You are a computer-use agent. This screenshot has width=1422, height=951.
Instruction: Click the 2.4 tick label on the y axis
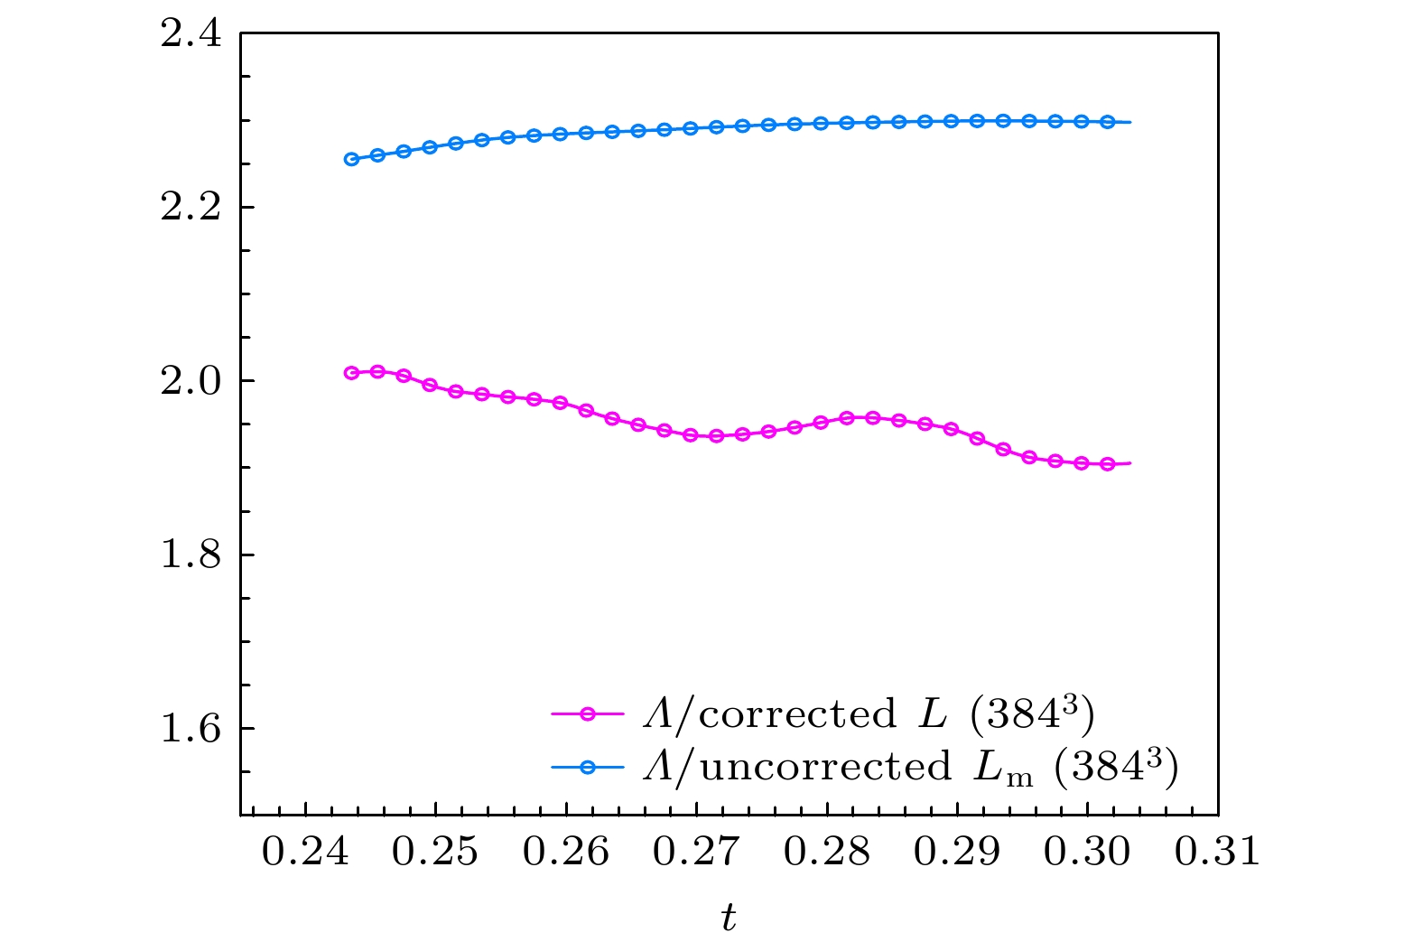click(x=189, y=34)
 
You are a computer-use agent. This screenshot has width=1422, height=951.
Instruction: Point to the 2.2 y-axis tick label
click(x=189, y=208)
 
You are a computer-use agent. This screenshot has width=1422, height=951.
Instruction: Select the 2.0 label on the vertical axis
click(x=189, y=381)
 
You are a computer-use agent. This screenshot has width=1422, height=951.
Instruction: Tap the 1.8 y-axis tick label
click(x=189, y=555)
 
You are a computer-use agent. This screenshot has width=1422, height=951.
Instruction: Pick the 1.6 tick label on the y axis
click(x=189, y=728)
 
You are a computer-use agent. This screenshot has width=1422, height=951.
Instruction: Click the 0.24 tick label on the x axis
click(x=305, y=852)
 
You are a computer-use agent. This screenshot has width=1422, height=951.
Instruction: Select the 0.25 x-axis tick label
click(x=435, y=852)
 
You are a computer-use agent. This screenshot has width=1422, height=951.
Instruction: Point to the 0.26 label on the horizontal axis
click(x=566, y=852)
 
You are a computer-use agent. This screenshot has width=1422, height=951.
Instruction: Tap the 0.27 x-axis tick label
click(x=696, y=852)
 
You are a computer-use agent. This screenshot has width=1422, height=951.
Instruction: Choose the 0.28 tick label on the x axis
click(x=827, y=852)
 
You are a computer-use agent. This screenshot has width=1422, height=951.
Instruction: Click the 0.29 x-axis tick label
click(x=957, y=852)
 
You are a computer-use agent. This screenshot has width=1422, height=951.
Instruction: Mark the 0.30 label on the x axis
click(x=1087, y=852)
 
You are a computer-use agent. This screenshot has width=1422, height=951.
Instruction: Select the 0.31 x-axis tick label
click(x=1218, y=852)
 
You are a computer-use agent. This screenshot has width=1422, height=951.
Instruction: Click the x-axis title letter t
click(x=729, y=918)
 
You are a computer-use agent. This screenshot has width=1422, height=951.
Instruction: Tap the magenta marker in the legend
click(x=588, y=714)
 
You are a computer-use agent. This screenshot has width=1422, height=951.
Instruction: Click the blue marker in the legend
click(x=588, y=767)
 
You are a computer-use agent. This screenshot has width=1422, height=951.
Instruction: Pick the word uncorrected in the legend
click(x=825, y=767)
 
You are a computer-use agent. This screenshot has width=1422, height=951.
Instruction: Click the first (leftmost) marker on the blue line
click(x=352, y=159)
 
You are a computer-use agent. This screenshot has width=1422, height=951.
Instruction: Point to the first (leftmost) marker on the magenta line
click(x=352, y=373)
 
